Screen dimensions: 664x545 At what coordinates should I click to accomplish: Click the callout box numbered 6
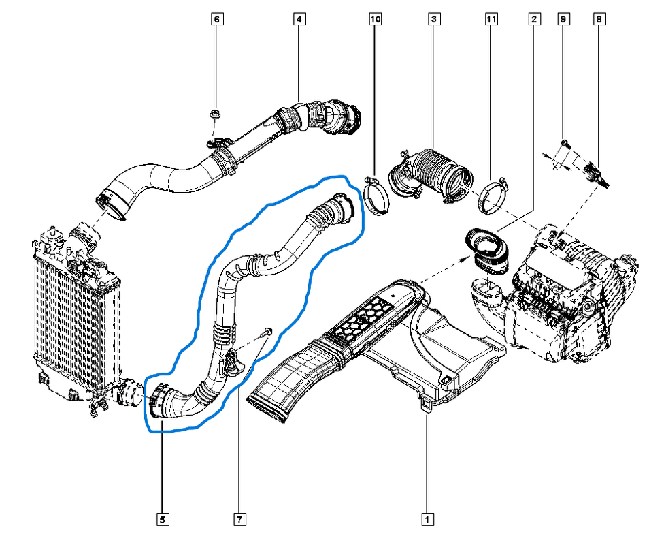pyautogui.click(x=217, y=19)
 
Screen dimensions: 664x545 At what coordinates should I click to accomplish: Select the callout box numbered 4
pyautogui.click(x=299, y=19)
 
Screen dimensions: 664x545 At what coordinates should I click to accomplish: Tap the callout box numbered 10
pyautogui.click(x=375, y=19)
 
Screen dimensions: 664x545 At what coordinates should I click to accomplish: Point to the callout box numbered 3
pyautogui.click(x=434, y=19)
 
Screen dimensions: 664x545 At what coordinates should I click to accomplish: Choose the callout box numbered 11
pyautogui.click(x=491, y=19)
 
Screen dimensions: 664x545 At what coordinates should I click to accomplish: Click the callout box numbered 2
pyautogui.click(x=535, y=19)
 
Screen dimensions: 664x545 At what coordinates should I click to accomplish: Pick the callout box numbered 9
pyautogui.click(x=563, y=19)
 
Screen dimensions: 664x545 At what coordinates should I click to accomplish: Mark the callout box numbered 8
pyautogui.click(x=599, y=19)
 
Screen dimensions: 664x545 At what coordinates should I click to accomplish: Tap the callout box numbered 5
pyautogui.click(x=163, y=519)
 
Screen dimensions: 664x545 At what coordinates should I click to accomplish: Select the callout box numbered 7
pyautogui.click(x=239, y=519)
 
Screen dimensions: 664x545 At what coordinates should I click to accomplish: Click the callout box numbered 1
pyautogui.click(x=427, y=519)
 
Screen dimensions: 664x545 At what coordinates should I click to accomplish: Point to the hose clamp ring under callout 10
pyautogui.click(x=376, y=196)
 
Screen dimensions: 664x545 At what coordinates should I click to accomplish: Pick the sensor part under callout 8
pyautogui.click(x=596, y=174)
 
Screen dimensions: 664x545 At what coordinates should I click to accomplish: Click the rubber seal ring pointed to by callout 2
pyautogui.click(x=487, y=249)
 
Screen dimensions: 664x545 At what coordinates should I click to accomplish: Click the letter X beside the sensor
pyautogui.click(x=555, y=167)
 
